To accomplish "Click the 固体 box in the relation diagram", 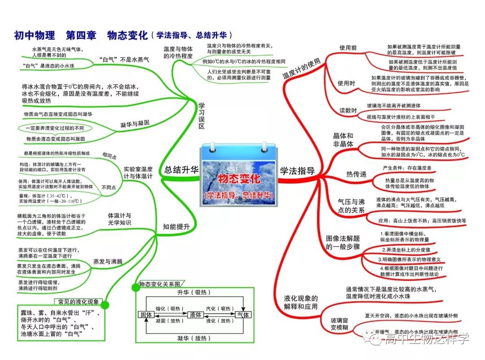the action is pos(145,315).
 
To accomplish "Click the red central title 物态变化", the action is pos(239,179).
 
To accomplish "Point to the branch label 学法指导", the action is pos(297,171).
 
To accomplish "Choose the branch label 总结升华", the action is pos(181,170).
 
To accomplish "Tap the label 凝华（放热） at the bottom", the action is pos(194,337).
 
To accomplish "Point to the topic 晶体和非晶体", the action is pos(343,140).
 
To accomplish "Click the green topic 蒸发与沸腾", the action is pos(108,261).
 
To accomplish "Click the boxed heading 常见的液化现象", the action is pos(79,301).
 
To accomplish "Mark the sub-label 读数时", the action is pos(348,111).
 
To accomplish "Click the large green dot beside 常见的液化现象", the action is pos(105,305).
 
